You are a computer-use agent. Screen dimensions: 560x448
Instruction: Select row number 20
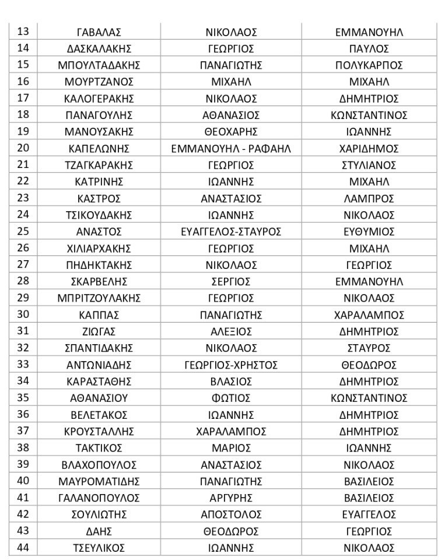tap(23, 148)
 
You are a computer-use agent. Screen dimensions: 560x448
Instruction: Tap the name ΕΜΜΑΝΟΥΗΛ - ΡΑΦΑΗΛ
tap(231, 149)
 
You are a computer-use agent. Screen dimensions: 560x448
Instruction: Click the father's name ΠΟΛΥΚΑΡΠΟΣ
tap(369, 65)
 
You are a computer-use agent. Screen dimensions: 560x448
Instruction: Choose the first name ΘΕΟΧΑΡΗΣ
tap(231, 132)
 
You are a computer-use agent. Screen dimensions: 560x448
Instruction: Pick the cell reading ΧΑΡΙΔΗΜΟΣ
tap(369, 149)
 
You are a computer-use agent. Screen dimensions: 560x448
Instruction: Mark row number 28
tap(23, 281)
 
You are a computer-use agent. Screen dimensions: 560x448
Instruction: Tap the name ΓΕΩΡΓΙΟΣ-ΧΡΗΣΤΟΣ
tap(231, 365)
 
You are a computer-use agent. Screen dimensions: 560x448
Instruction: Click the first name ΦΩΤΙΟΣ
tap(231, 398)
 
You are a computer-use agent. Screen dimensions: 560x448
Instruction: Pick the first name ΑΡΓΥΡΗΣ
tap(231, 498)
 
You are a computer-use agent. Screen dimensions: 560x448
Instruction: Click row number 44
tap(23, 548)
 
